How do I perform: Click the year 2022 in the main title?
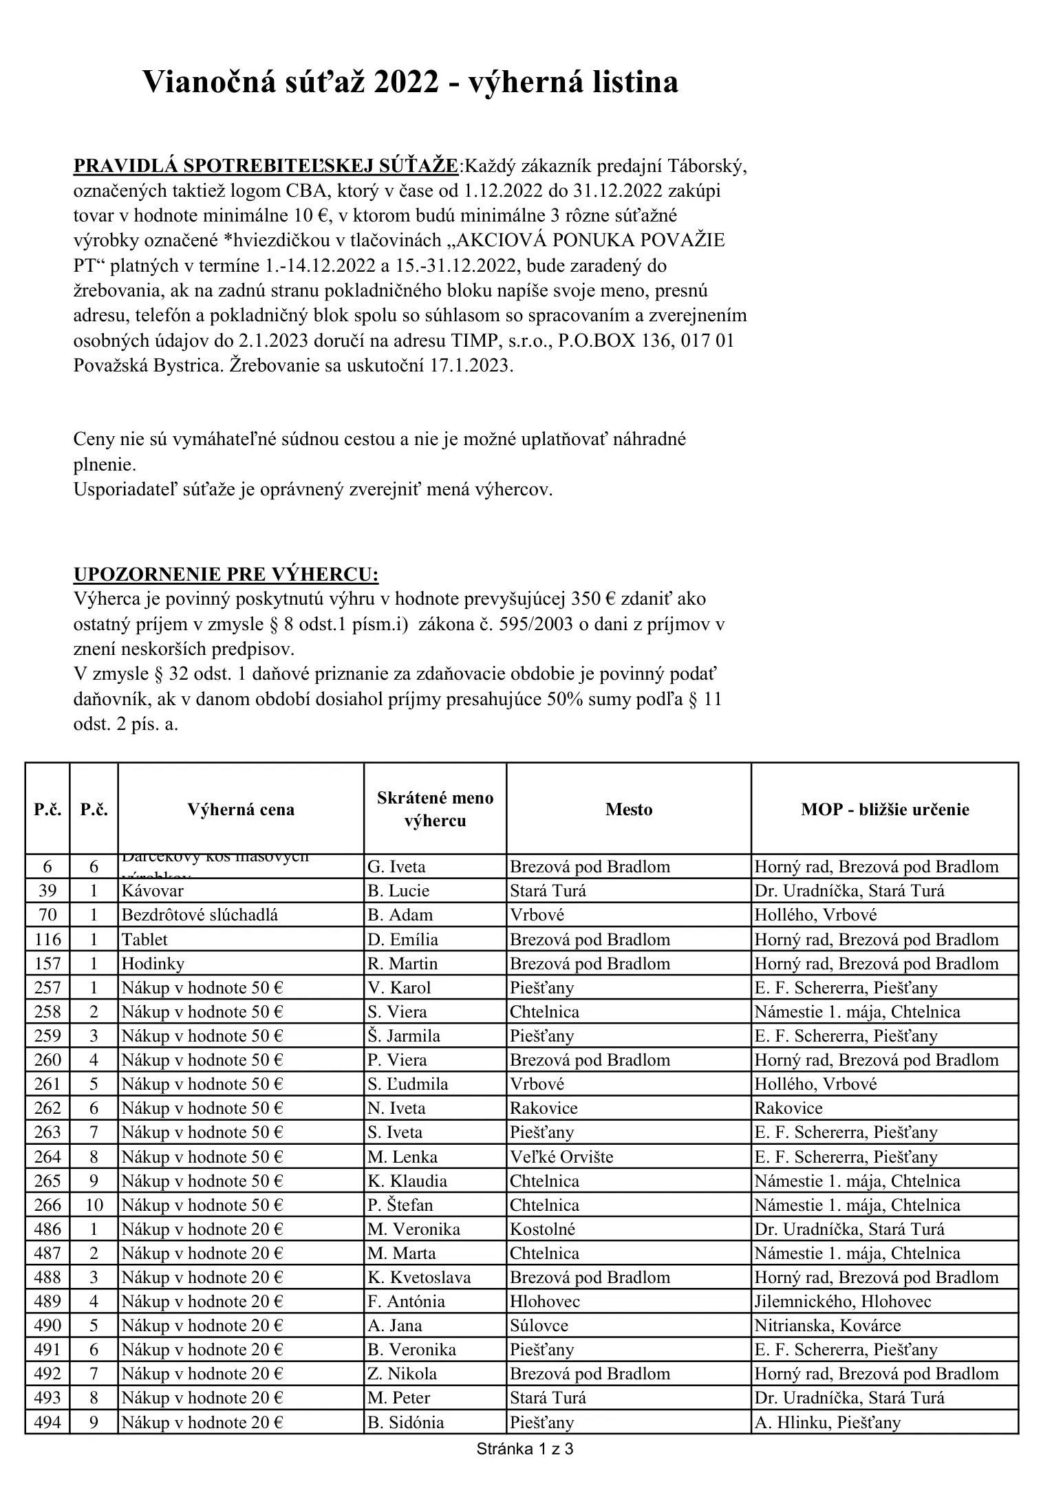tap(407, 83)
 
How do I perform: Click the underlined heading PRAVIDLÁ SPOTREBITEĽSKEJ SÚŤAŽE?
tap(266, 166)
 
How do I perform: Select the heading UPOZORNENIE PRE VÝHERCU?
tap(226, 574)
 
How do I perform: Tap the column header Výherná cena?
tap(241, 810)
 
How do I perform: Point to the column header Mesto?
tap(629, 810)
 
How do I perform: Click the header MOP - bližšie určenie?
tap(885, 810)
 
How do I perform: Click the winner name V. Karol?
tap(399, 988)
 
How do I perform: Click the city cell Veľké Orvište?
tap(561, 1157)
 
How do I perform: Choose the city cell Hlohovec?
tap(545, 1302)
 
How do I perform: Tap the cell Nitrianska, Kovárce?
tap(827, 1326)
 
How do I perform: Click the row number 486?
tap(47, 1229)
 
